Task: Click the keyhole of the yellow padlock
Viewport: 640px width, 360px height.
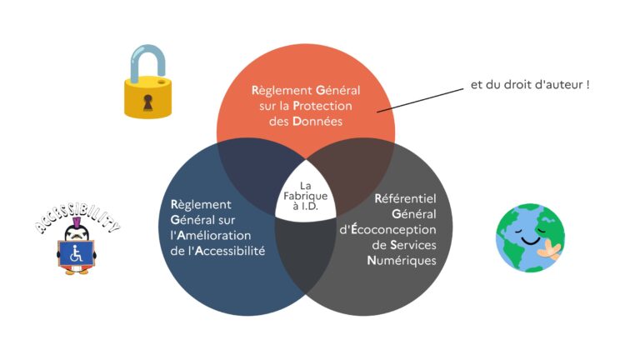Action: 149,102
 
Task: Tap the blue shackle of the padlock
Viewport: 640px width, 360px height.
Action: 149,64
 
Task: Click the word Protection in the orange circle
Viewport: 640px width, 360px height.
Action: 324,106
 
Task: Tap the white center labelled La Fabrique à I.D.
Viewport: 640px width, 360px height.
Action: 306,197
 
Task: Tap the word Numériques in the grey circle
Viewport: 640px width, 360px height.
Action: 401,260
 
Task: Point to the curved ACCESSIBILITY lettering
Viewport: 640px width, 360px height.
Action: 77,221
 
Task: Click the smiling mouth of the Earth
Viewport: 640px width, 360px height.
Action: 530,238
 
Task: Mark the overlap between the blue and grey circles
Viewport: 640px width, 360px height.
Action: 306,250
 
